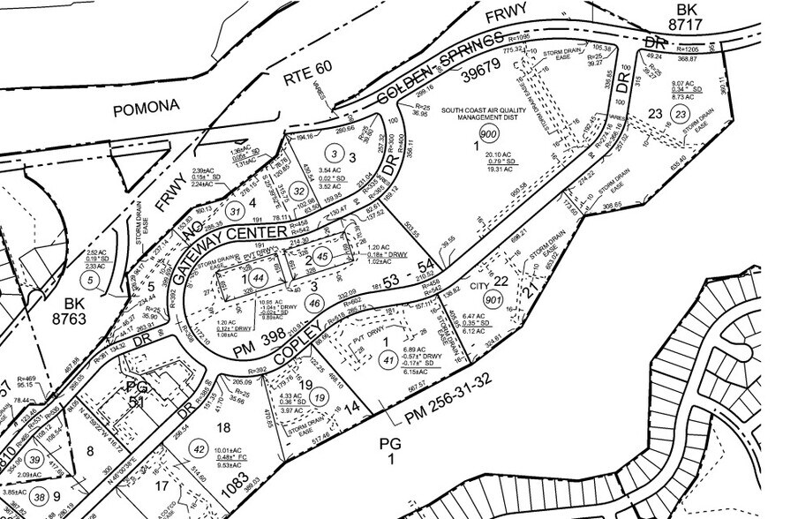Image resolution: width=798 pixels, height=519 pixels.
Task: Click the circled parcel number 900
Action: click(x=488, y=133)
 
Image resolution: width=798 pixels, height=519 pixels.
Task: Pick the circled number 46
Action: click(x=313, y=302)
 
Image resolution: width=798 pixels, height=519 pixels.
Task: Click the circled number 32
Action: click(x=299, y=191)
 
